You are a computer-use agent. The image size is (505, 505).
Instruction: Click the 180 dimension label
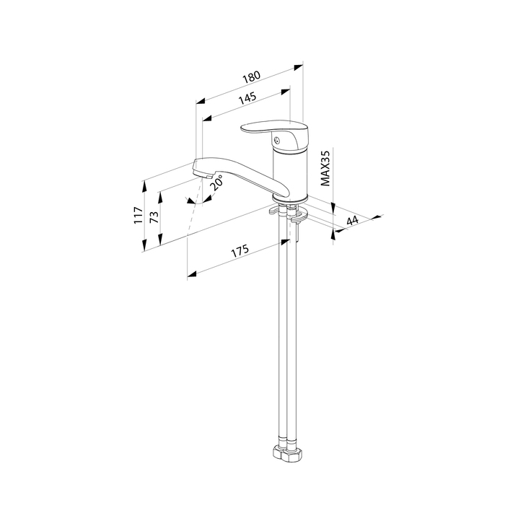click(x=251, y=77)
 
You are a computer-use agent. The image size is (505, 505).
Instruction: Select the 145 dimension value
click(x=247, y=98)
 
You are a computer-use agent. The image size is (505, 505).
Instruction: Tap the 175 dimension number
click(x=240, y=251)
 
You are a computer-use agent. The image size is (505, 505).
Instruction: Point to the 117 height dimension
click(x=139, y=216)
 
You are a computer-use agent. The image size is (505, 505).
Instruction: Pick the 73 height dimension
click(x=154, y=217)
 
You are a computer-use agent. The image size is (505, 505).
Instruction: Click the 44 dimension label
click(x=352, y=221)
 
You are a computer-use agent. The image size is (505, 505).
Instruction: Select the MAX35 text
click(x=325, y=168)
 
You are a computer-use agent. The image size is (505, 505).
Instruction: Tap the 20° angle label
click(x=216, y=183)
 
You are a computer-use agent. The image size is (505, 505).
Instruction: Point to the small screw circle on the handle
click(x=276, y=141)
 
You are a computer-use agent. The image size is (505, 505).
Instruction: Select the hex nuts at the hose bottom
click(x=288, y=454)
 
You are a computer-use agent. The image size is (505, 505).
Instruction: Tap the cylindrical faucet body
click(x=290, y=173)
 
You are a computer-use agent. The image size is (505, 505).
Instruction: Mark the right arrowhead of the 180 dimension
click(x=299, y=67)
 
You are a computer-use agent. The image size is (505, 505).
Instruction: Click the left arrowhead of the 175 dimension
click(x=192, y=274)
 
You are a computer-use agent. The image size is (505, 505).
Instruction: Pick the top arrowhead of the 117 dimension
click(x=144, y=186)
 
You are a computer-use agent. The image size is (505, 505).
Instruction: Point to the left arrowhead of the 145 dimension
click(x=207, y=118)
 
